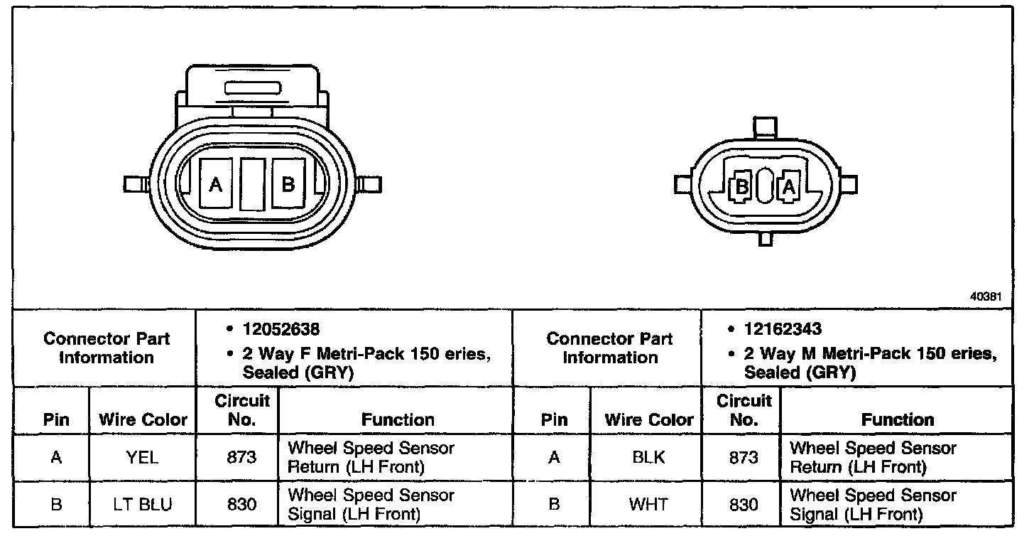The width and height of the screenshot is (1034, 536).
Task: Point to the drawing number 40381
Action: click(x=986, y=298)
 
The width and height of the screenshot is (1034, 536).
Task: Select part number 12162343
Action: click(x=783, y=330)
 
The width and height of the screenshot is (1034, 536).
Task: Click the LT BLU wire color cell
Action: click(x=143, y=505)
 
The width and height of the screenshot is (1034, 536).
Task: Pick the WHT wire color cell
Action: click(x=648, y=505)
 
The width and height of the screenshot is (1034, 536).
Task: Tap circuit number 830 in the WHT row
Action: click(x=744, y=505)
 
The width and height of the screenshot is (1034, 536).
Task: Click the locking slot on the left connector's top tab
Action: click(x=253, y=88)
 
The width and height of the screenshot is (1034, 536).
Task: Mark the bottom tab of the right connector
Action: click(x=765, y=240)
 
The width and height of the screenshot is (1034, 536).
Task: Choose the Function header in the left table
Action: click(x=398, y=419)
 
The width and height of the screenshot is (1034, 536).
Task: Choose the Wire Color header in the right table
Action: click(x=648, y=419)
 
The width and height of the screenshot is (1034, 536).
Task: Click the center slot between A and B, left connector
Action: click(x=252, y=184)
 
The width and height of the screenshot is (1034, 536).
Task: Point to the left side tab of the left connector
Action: click(x=132, y=184)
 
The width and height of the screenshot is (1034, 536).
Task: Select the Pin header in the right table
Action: click(x=554, y=419)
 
